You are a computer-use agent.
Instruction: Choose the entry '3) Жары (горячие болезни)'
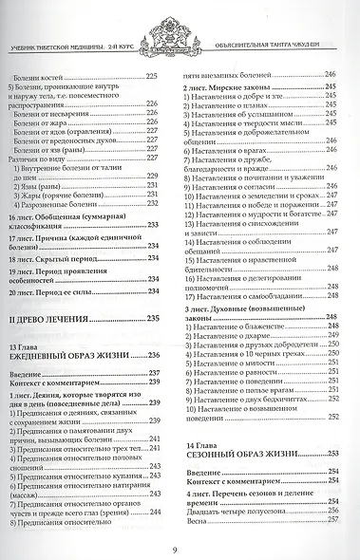75,174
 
